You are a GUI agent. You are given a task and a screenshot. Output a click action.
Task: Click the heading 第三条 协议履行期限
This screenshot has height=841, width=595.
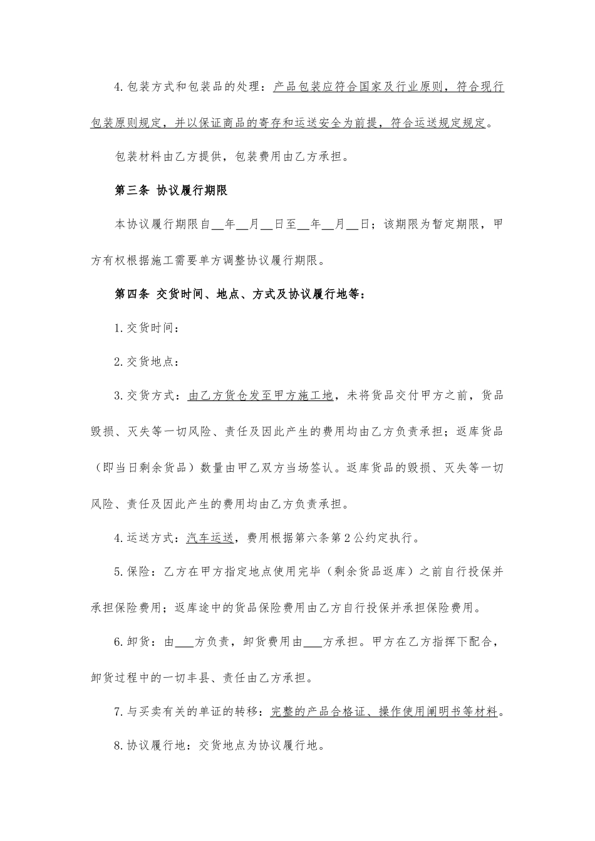point(170,190)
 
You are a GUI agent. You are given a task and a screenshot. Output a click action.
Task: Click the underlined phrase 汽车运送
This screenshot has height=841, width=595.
point(210,537)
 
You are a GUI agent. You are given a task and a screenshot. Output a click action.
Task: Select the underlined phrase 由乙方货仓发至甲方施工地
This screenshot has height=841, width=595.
point(260,395)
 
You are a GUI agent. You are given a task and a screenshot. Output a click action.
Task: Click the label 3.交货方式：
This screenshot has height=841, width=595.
point(150,395)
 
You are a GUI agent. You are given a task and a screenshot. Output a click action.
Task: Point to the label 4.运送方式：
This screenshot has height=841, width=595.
point(150,537)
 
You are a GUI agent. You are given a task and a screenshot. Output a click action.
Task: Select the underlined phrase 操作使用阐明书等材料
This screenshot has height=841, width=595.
point(438,711)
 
